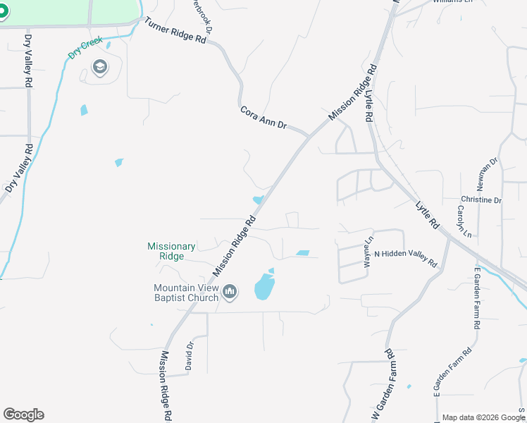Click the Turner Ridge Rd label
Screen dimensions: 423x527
click(175, 32)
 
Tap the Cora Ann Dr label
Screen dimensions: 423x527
click(263, 118)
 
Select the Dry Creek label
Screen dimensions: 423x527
click(86, 47)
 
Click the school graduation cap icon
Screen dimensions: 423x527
click(99, 68)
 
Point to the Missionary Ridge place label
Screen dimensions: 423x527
click(171, 251)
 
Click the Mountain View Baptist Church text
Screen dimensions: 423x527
click(186, 293)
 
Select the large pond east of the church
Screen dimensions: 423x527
click(264, 286)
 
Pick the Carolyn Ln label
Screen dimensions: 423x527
click(462, 221)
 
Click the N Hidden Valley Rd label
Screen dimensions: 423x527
click(405, 258)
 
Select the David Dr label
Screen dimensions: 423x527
click(189, 357)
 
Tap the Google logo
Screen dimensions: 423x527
click(23, 415)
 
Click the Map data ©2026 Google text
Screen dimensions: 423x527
click(483, 417)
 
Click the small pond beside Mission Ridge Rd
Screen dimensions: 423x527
click(258, 200)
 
